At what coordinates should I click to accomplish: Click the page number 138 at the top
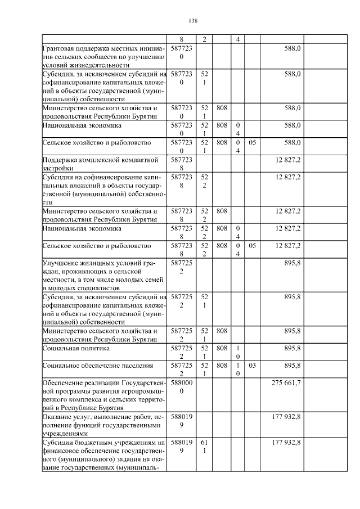coord(193,21)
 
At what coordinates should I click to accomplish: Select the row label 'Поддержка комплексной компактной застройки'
coord(104,164)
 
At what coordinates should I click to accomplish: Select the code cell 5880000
coord(181,386)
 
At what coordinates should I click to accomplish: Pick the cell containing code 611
coord(204,447)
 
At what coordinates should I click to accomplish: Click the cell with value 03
coord(252,366)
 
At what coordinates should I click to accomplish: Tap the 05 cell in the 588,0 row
coord(252,143)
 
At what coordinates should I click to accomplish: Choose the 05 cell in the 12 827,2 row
coord(252,246)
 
